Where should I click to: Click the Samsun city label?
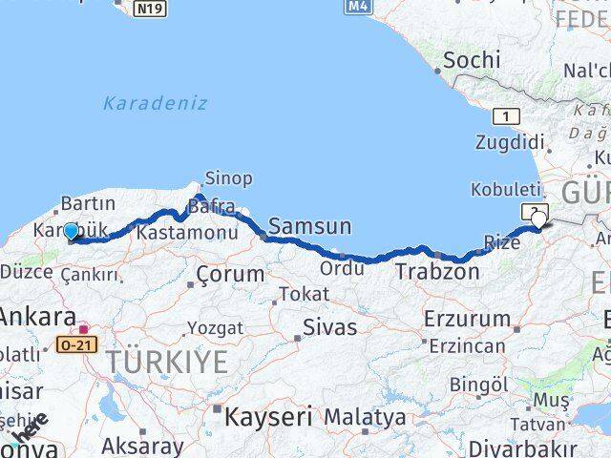309,226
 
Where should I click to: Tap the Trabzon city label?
438,272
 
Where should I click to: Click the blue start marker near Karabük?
71,231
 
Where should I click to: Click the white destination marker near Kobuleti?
539,220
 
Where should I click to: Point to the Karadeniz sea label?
155,103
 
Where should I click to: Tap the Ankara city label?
38,318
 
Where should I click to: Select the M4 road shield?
357,7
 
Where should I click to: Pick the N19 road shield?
149,9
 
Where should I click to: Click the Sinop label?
229,178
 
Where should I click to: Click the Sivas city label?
329,327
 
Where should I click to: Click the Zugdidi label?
510,142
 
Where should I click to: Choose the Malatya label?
365,417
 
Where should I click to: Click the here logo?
27,430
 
